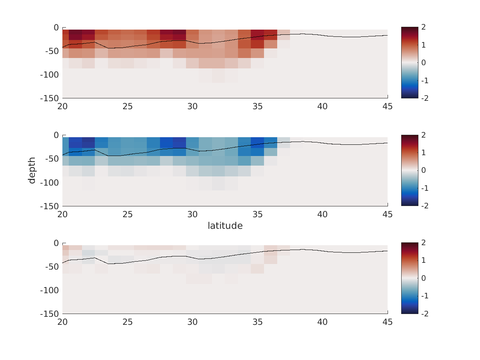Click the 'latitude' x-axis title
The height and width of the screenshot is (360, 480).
click(x=225, y=226)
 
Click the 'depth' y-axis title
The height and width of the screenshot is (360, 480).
click(x=32, y=170)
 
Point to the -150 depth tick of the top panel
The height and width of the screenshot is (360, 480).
click(x=50, y=98)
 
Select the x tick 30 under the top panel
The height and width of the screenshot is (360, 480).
click(x=192, y=106)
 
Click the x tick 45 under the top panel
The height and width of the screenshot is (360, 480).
click(x=387, y=106)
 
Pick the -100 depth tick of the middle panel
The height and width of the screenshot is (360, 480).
click(x=50, y=183)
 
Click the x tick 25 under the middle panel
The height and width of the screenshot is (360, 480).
click(x=128, y=214)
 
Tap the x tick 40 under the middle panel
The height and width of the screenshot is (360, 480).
click(x=322, y=214)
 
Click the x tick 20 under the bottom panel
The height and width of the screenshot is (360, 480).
click(x=62, y=322)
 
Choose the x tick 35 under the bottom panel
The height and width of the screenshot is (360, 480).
click(x=257, y=322)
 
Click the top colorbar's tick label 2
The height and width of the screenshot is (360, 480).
click(x=423, y=27)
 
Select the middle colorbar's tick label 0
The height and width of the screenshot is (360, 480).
click(x=423, y=170)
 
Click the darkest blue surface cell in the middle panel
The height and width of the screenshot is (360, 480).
click(x=88, y=142)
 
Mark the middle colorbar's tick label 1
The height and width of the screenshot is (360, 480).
click(x=423, y=153)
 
